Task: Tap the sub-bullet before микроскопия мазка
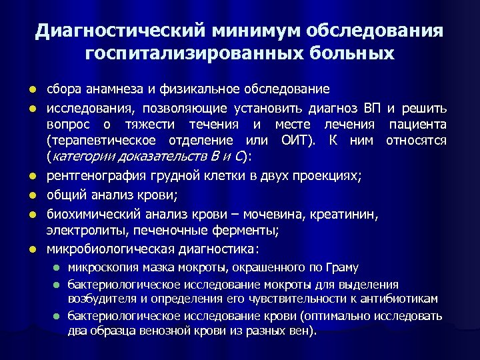pos(57,268)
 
